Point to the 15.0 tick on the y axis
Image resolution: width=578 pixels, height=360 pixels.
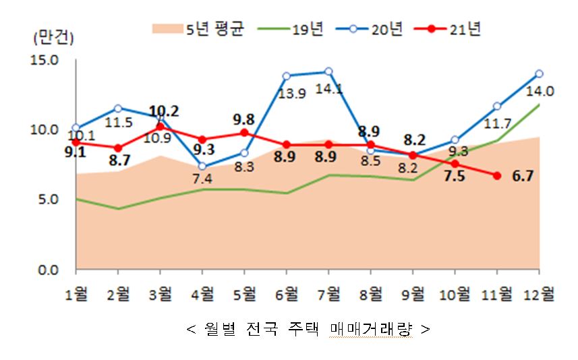tap(45, 60)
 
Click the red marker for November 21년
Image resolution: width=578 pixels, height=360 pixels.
tap(497, 175)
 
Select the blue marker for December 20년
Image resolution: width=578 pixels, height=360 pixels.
tap(540, 73)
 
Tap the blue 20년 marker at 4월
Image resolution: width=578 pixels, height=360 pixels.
tap(202, 166)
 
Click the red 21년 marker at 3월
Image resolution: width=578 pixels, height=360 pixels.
tap(160, 126)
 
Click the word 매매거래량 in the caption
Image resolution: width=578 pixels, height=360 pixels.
tap(371, 330)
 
